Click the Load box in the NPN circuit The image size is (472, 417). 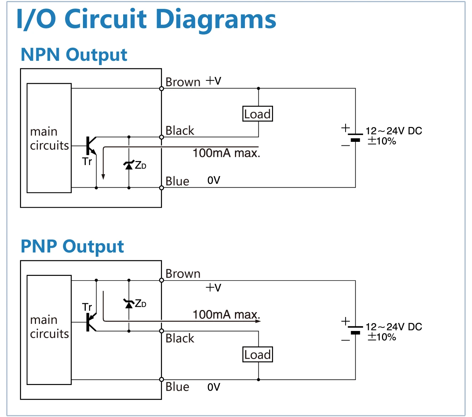[x=258, y=114]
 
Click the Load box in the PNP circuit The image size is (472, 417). [x=258, y=354]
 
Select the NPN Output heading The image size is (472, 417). [x=74, y=55]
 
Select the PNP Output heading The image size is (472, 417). [x=72, y=246]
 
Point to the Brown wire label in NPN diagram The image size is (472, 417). [x=183, y=82]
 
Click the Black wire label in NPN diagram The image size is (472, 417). [x=180, y=130]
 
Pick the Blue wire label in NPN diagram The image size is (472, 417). [x=177, y=181]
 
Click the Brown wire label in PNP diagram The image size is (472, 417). [x=183, y=274]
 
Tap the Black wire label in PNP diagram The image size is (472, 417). [x=180, y=338]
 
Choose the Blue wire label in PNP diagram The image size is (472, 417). [x=177, y=386]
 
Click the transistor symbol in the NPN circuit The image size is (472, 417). [x=90, y=146]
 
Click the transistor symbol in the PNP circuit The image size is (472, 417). [x=90, y=322]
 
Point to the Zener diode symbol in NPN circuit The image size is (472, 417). [x=129, y=165]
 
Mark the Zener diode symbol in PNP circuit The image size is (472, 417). [x=129, y=304]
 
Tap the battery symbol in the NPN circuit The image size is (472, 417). [x=355, y=137]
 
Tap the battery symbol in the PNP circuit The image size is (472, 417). [x=355, y=330]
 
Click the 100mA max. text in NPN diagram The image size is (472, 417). [x=226, y=153]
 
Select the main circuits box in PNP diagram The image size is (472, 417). [x=49, y=330]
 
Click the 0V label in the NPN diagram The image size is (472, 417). [x=214, y=180]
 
